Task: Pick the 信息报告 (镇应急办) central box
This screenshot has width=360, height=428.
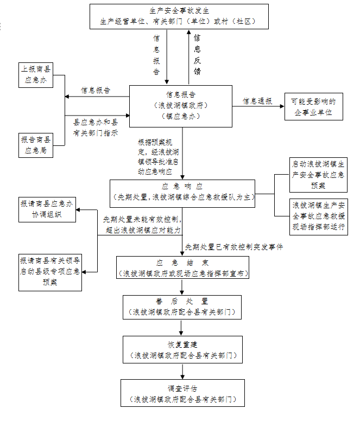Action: coord(181,105)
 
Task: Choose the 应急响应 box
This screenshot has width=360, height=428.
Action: coord(182,193)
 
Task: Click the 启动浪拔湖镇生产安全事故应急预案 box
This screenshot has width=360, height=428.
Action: coord(318,174)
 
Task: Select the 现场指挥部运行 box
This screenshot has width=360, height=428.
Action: coord(318,216)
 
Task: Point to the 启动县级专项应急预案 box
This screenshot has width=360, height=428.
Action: coord(50,271)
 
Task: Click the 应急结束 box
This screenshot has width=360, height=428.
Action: coord(182,268)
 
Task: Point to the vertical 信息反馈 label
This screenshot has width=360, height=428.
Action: coord(197,54)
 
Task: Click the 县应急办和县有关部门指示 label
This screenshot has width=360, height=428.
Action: coord(96,128)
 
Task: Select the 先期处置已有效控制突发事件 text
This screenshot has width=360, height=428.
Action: coord(233,247)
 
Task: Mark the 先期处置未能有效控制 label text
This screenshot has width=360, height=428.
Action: coord(142,220)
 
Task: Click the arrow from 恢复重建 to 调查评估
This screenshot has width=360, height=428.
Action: coord(182,371)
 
